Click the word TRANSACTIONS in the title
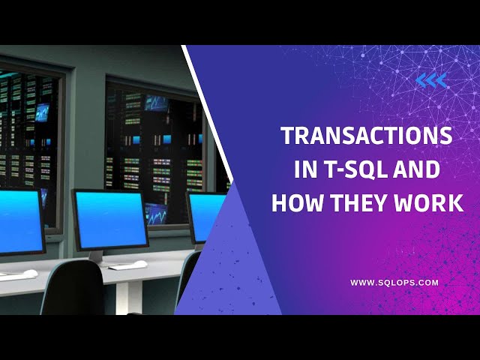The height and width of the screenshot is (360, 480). (367, 136)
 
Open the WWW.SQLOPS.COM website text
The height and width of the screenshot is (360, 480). (394, 283)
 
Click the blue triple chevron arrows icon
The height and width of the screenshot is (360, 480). (431, 80)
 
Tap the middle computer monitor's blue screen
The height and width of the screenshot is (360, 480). (110, 218)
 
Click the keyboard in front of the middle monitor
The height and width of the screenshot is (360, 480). (128, 265)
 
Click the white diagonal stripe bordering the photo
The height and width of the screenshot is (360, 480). (208, 112)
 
